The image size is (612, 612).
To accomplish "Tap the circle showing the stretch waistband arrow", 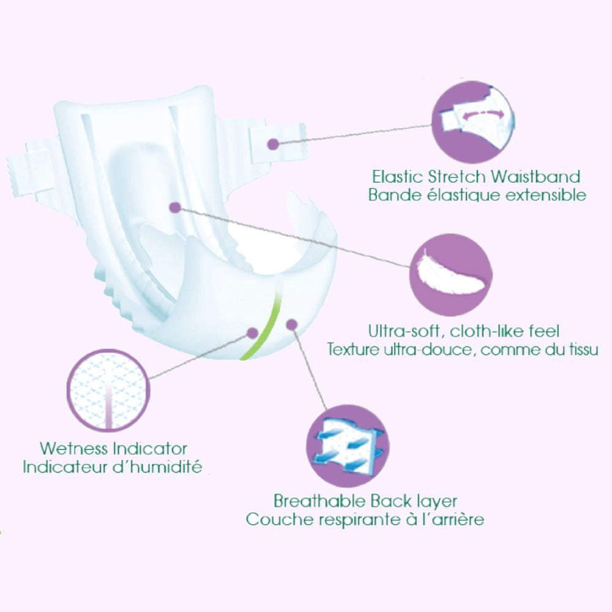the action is pos(472,122).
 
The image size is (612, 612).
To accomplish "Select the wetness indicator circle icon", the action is pos(108,390).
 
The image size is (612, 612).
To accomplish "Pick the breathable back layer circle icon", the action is pos(348,446).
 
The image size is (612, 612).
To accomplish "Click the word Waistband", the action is pos(535,177).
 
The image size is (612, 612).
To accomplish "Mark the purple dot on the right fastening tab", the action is pos(273,144).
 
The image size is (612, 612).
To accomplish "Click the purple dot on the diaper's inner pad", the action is pos(176,207).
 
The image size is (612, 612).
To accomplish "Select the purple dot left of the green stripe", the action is pos(253,333).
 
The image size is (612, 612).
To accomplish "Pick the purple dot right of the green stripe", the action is pos(291,324).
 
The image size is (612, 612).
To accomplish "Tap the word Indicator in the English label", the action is pos(150,449).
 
